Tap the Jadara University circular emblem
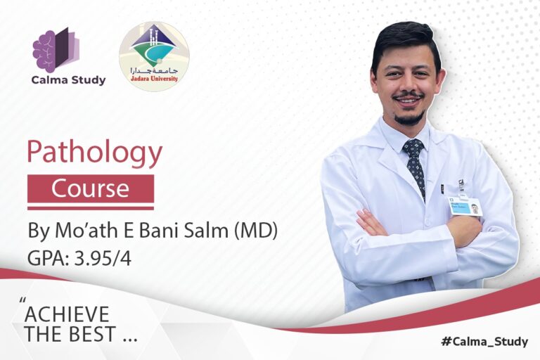tap(154, 56)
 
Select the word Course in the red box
tap(90, 188)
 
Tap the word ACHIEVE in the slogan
tap(67, 314)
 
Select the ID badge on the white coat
tap(465, 206)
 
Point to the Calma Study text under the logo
tap(68, 80)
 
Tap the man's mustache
tap(409, 96)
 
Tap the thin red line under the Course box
tap(90, 207)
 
